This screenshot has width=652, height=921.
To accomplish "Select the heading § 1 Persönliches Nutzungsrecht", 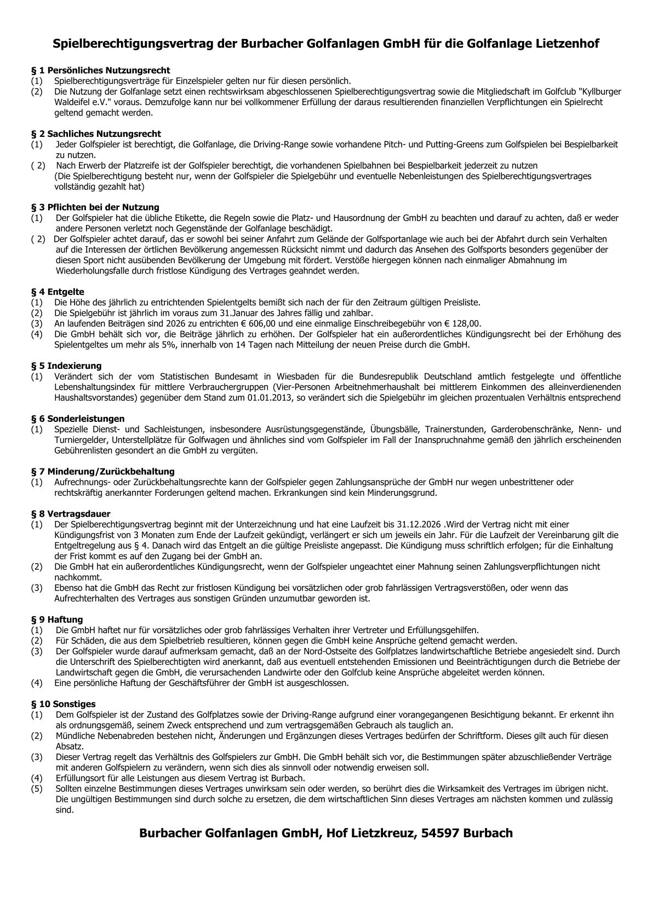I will (x=101, y=71).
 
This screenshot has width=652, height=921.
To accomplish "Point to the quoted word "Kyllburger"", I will (x=598, y=91).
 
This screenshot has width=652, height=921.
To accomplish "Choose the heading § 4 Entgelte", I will (x=58, y=292).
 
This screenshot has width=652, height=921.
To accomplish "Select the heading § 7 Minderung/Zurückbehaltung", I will (x=102, y=471).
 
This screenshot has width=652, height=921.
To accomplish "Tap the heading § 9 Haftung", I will (x=57, y=619).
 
